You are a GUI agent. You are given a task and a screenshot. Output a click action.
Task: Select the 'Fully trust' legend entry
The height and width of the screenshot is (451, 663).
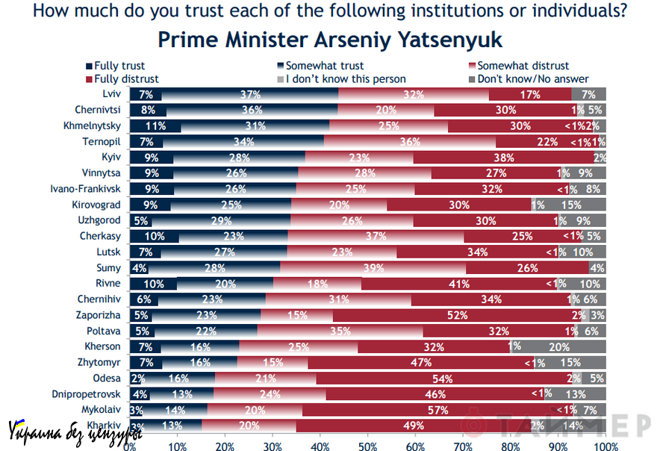(x=115, y=66)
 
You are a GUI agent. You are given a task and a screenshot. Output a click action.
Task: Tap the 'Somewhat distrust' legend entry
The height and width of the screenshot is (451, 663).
(x=522, y=66)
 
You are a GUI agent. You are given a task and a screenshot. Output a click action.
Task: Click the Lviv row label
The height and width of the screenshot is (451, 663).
(x=112, y=94)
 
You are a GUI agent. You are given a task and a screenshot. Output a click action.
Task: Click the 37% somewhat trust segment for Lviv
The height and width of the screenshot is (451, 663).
(x=250, y=94)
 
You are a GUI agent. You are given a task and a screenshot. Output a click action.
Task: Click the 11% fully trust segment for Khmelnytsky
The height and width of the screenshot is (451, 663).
(x=155, y=125)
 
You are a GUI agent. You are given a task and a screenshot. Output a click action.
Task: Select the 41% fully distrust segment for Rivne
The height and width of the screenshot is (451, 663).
(x=459, y=283)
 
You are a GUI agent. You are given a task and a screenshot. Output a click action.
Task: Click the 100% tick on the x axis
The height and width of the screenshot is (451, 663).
(x=606, y=446)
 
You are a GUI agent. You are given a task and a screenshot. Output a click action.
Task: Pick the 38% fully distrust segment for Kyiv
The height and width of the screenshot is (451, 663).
(x=504, y=157)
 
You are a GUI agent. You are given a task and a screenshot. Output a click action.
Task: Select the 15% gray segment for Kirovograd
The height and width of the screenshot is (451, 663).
(x=570, y=204)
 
